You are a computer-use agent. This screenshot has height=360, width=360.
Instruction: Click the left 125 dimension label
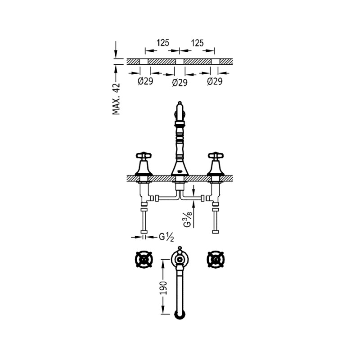point(163,43)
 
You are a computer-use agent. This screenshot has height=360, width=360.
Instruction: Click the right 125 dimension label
point(198,43)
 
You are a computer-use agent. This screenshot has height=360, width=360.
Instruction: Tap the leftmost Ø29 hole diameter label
point(145,81)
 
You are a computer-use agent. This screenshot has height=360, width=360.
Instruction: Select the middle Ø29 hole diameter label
point(180,82)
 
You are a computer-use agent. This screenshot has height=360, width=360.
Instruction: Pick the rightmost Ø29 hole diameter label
point(215,81)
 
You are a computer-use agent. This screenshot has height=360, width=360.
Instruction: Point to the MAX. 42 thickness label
point(116,99)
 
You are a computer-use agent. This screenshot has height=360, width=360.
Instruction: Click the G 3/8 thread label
point(188,219)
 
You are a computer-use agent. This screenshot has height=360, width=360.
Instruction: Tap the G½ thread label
point(166,237)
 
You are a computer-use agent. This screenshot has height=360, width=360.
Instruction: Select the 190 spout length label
point(163,288)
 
